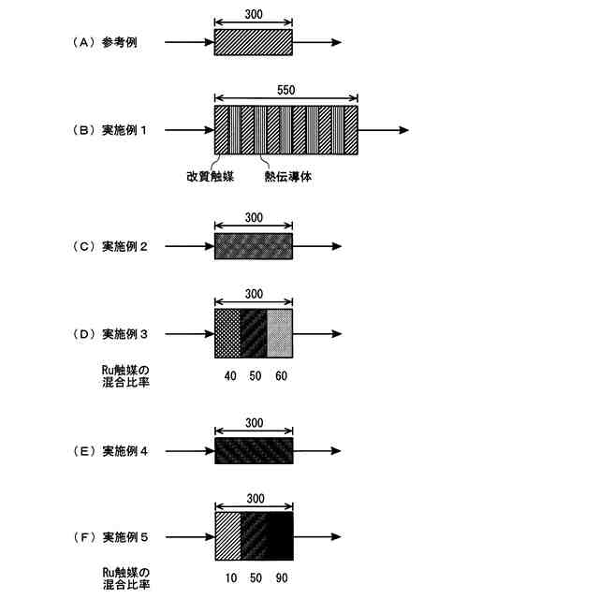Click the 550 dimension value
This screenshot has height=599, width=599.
[x=286, y=90]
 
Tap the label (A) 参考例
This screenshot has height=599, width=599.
[x=105, y=43]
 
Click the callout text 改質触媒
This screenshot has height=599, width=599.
[x=211, y=175]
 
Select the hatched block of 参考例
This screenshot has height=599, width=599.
[x=253, y=42]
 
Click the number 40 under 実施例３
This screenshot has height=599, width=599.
[x=228, y=375]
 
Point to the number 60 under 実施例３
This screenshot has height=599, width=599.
[x=281, y=375]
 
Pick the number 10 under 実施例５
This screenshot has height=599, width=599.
[x=228, y=578]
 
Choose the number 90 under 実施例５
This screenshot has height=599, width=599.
[x=281, y=578]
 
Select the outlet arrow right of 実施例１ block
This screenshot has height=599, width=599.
[x=383, y=130]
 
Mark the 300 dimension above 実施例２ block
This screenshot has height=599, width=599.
[x=253, y=218]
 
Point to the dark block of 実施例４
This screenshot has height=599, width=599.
[x=253, y=451]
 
